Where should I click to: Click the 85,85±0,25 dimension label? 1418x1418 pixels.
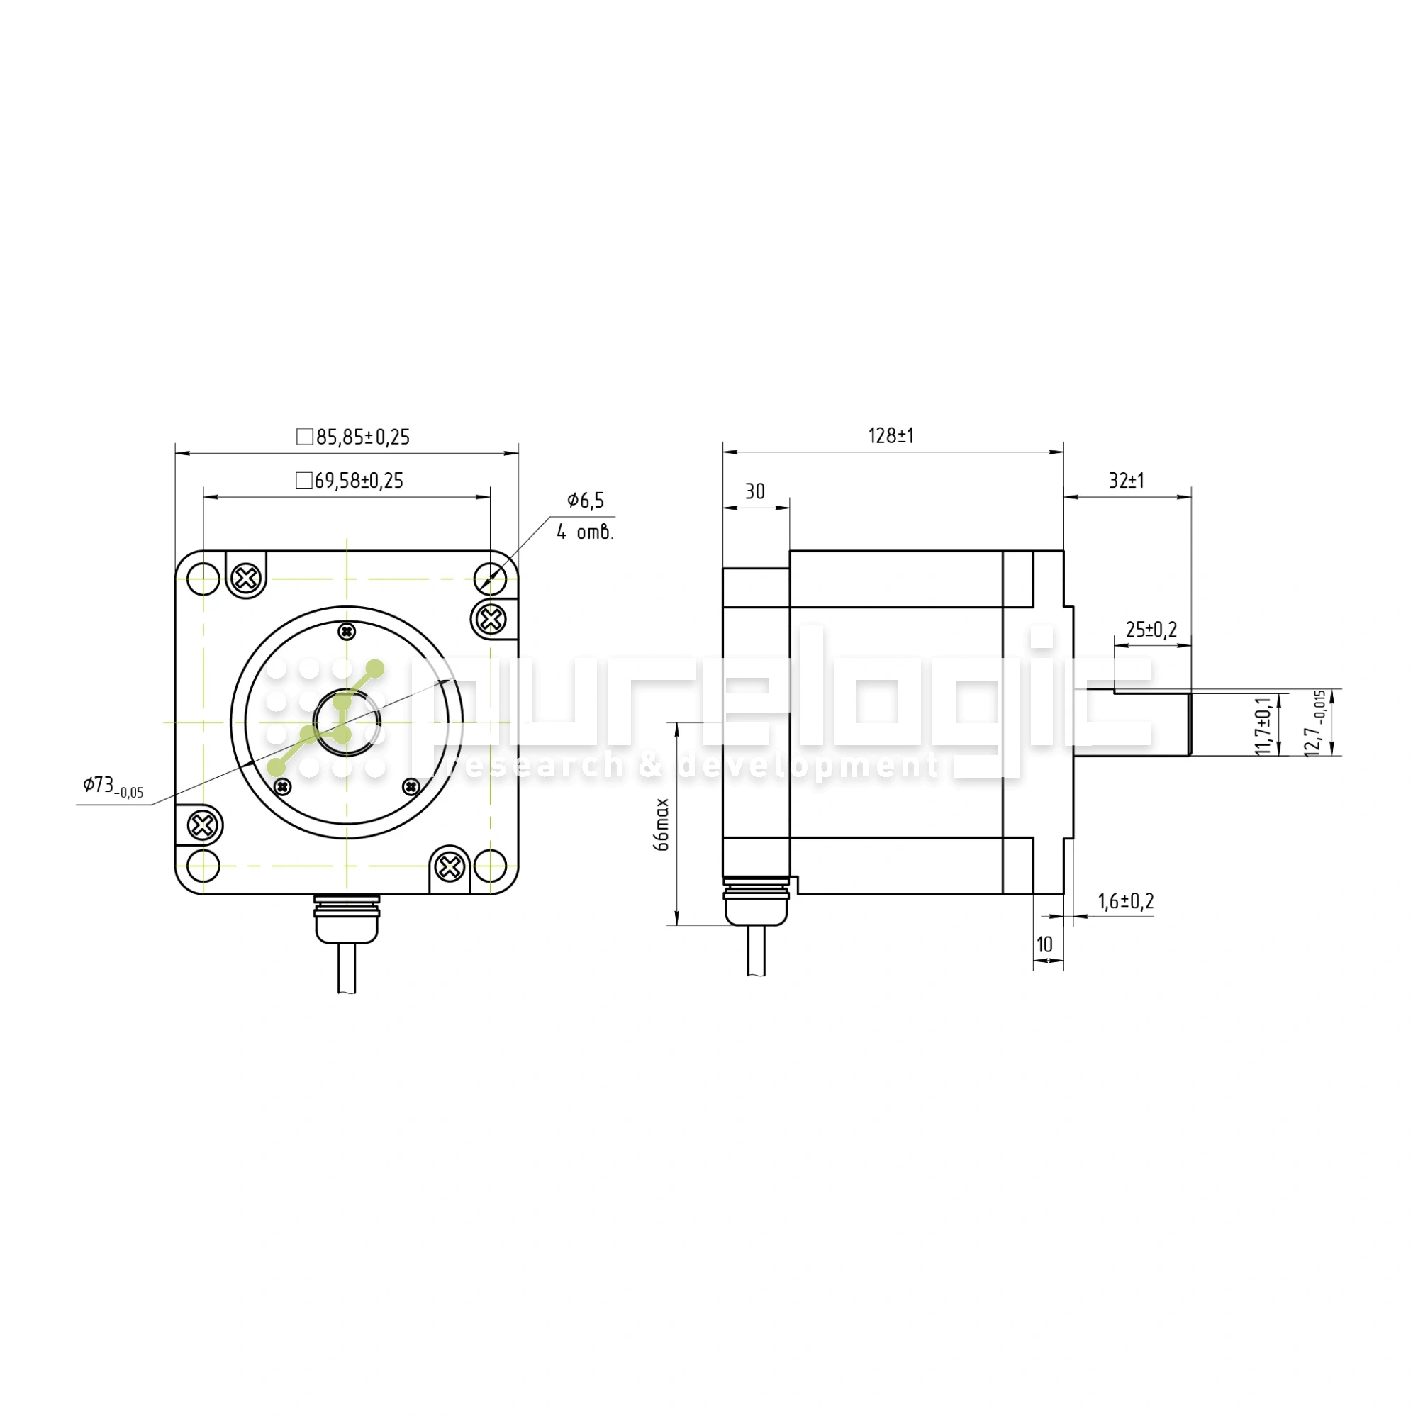coord(362,437)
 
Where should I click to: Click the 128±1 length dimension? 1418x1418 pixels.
coord(891,436)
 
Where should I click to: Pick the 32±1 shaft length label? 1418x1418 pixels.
coord(1126,481)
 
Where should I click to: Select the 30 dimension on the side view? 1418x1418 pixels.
coord(754,492)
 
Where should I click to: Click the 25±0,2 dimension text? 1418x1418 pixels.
coord(1151,630)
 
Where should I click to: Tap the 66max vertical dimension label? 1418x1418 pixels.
coord(662,825)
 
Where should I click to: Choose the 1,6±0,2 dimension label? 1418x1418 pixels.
coord(1126,901)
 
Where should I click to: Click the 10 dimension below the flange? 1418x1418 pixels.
coord(1044,944)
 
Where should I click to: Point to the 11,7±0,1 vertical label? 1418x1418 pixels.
coord(1263,726)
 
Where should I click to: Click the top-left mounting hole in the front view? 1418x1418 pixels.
coord(203,579)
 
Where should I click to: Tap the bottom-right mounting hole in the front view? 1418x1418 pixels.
coord(491,866)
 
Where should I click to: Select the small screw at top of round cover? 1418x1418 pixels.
coord(347,631)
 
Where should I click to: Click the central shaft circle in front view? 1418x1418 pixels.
coord(347,722)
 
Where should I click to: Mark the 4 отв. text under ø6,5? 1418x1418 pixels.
coord(584,532)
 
